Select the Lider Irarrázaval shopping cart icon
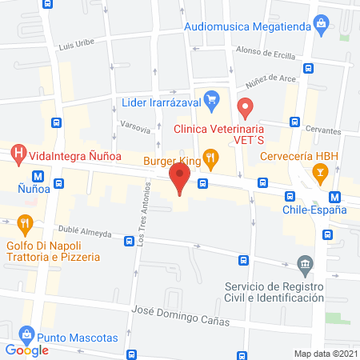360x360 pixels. (x=211, y=100)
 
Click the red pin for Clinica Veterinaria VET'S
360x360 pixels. (x=246, y=106)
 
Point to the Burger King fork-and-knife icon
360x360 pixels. (x=211, y=158)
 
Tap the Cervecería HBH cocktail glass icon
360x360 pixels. (x=320, y=171)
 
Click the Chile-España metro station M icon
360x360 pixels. (x=335, y=196)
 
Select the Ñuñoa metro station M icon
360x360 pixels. (x=38, y=176)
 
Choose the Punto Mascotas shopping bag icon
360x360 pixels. (x=27, y=333)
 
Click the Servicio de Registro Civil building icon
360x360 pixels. (x=303, y=265)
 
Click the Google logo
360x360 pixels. (x=26, y=350)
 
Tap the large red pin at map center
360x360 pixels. (x=180, y=178)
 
